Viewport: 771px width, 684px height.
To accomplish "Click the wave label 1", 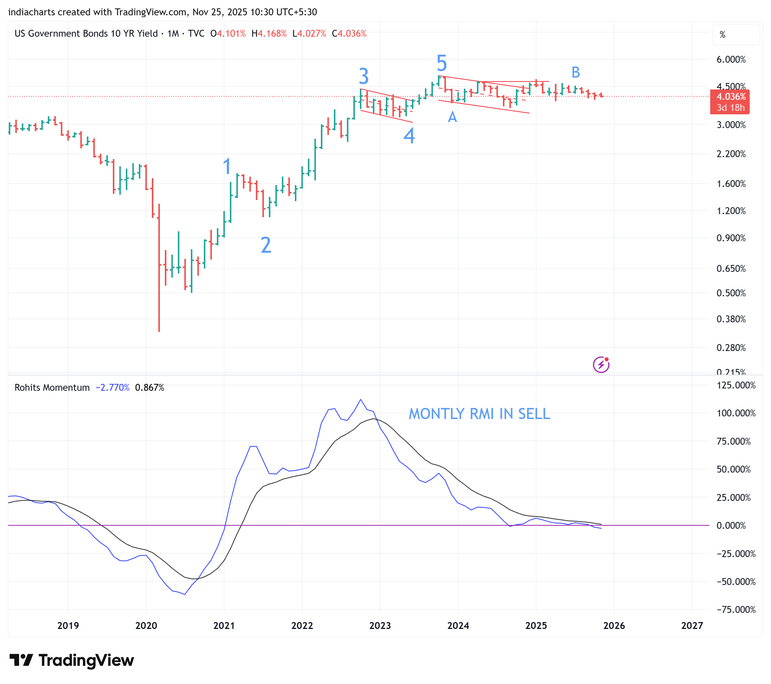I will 227,166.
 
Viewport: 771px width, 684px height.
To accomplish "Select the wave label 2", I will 266,245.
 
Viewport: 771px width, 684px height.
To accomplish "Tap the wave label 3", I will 364,76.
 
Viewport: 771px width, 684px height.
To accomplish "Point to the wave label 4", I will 409,136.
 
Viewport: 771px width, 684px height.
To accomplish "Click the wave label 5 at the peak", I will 442,63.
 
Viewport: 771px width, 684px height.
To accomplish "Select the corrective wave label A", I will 452,117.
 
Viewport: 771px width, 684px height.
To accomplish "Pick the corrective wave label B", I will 576,72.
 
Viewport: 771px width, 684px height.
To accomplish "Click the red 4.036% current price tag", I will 730,97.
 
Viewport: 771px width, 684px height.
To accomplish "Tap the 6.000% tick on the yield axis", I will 731,60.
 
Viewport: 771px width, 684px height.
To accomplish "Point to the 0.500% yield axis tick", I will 731,293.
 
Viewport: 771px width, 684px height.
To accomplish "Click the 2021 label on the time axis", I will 224,626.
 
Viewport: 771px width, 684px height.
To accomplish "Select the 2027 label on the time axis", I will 692,626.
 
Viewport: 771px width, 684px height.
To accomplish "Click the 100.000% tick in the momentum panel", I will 736,413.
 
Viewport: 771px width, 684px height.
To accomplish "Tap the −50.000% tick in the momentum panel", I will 736,582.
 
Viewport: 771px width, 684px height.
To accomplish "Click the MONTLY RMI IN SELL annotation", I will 479,414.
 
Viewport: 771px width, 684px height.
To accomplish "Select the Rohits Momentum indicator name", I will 52,388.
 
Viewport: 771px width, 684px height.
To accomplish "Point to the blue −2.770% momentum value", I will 112,388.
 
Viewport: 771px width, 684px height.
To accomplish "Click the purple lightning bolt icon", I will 601,365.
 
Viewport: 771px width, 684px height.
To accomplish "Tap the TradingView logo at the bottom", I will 72,661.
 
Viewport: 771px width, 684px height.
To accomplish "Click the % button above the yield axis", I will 722,35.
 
